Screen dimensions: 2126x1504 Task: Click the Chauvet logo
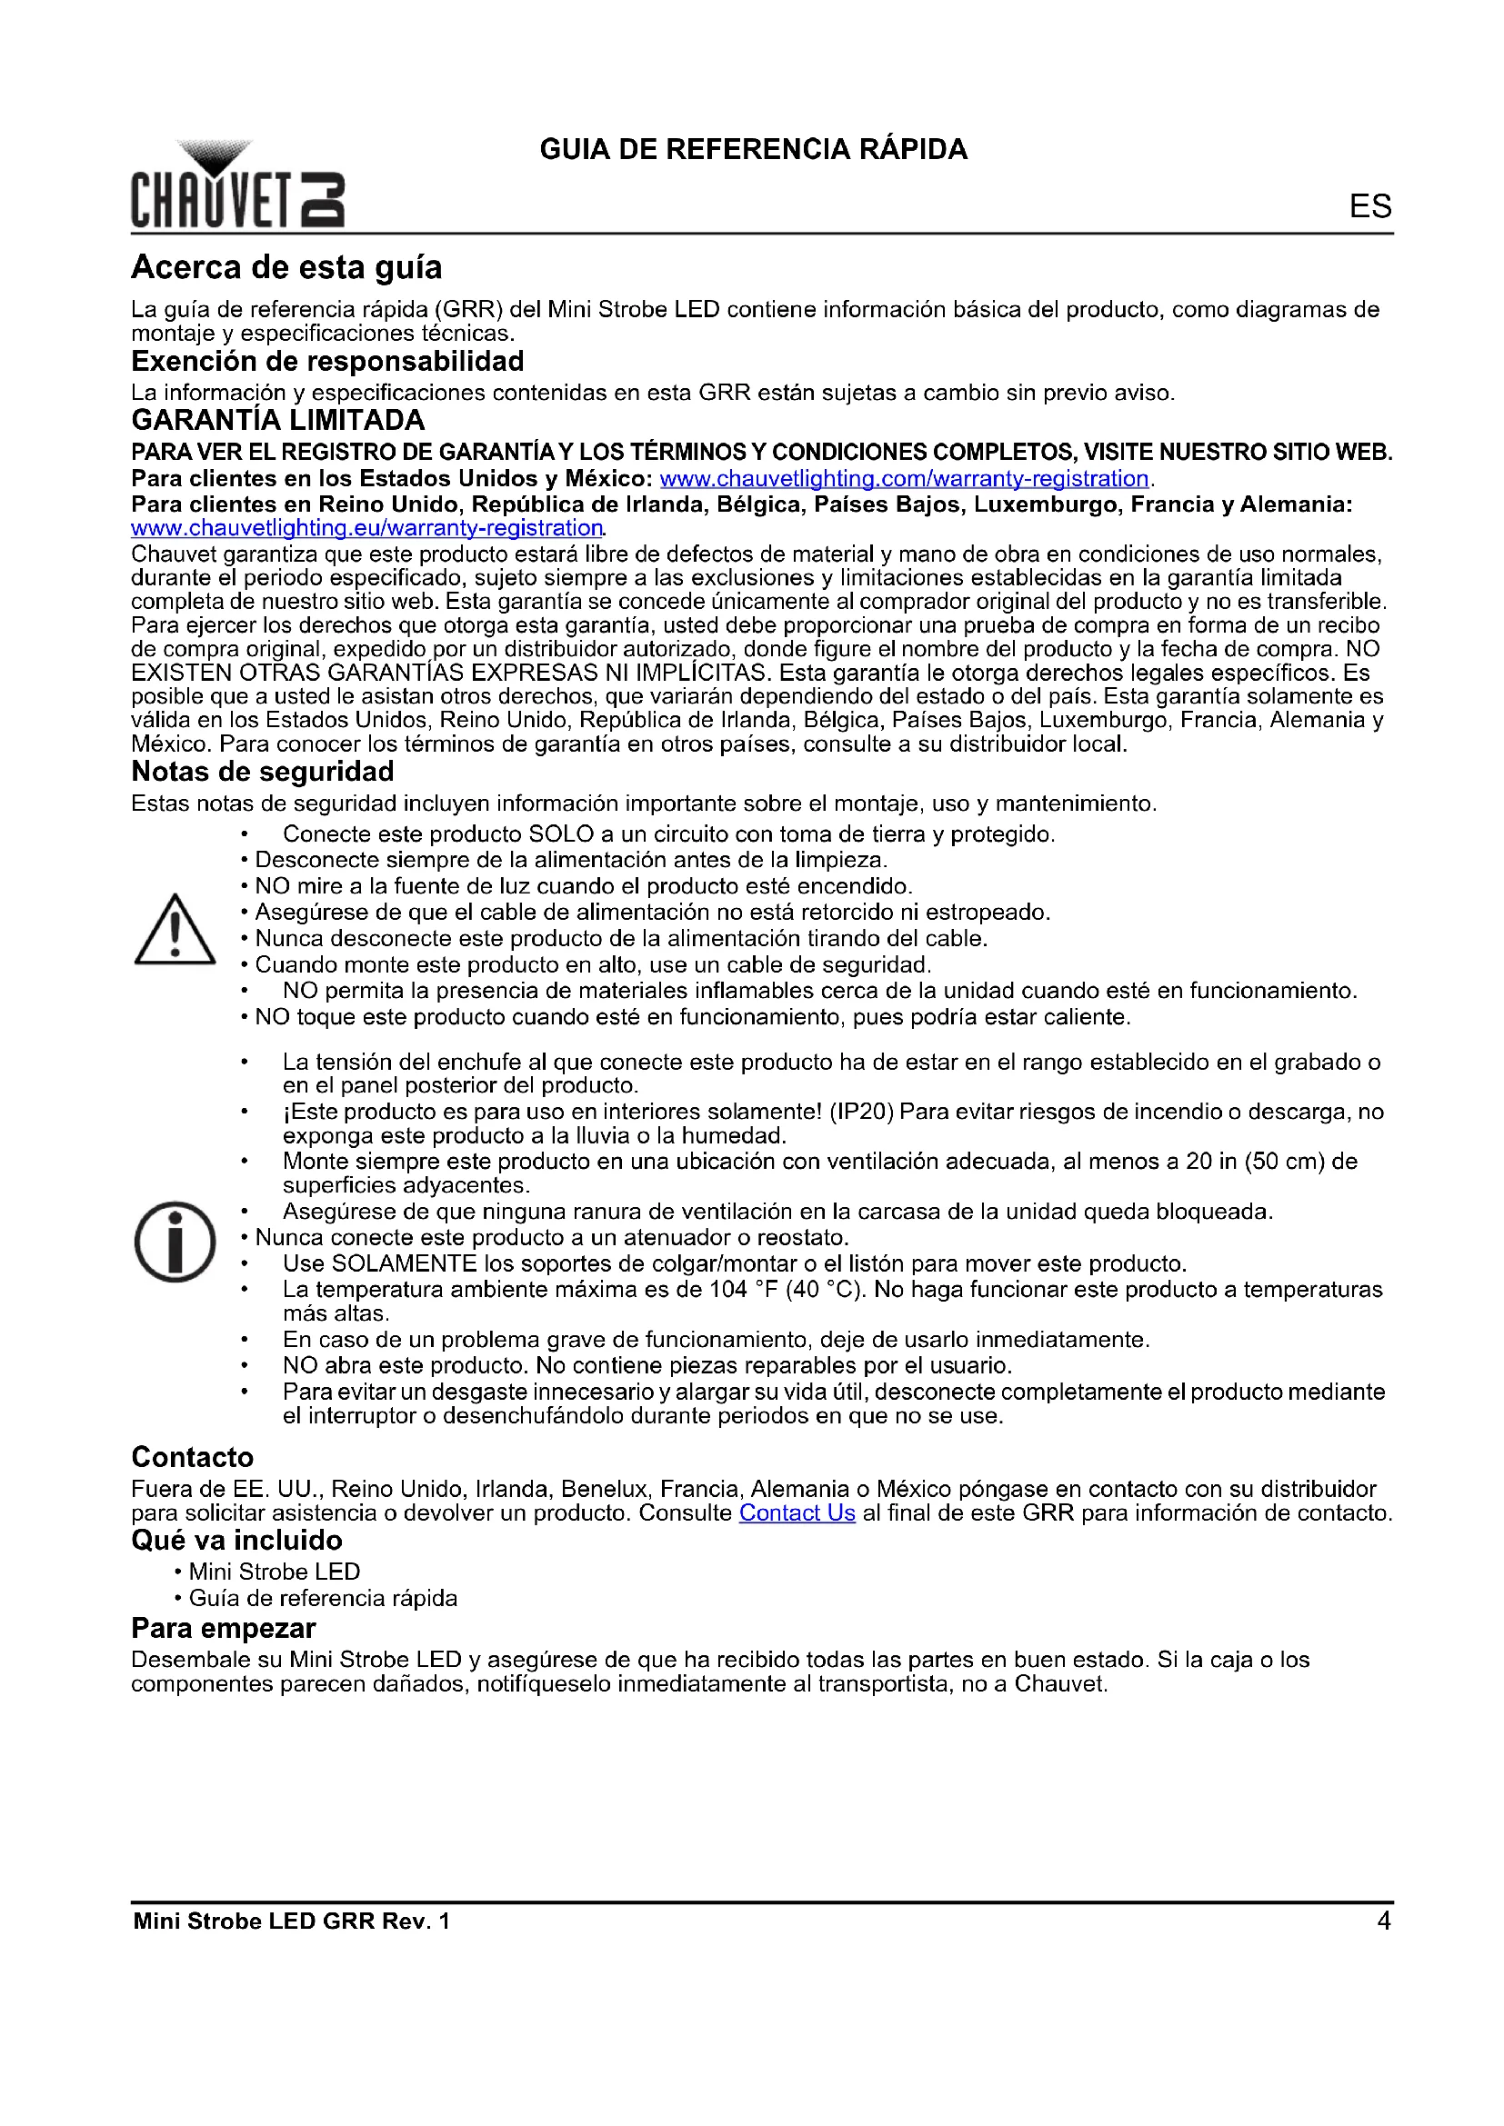(237, 185)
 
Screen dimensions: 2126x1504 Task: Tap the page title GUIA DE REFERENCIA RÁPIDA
(753, 149)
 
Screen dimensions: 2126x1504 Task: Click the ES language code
(1369, 205)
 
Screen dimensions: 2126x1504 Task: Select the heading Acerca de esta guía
(286, 267)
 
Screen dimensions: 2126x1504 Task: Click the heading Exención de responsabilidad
(327, 361)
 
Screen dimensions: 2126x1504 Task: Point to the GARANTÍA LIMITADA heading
(278, 421)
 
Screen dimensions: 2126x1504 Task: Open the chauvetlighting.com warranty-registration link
(904, 479)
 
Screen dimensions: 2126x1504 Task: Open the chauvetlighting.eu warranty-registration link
(366, 528)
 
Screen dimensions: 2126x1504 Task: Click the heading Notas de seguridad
(262, 772)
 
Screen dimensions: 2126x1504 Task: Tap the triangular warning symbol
(175, 930)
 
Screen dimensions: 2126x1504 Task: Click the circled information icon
(175, 1242)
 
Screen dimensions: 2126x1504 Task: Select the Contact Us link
(797, 1513)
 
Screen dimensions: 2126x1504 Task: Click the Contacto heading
(192, 1457)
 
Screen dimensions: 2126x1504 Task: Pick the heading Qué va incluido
(236, 1541)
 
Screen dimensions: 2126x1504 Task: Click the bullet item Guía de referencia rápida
(322, 1598)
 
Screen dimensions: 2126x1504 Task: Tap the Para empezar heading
(223, 1629)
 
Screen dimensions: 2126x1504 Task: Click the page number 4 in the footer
(1384, 1921)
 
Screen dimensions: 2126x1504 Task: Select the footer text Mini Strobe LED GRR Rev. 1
(291, 1921)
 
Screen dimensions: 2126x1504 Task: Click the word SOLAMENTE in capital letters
(404, 1264)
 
